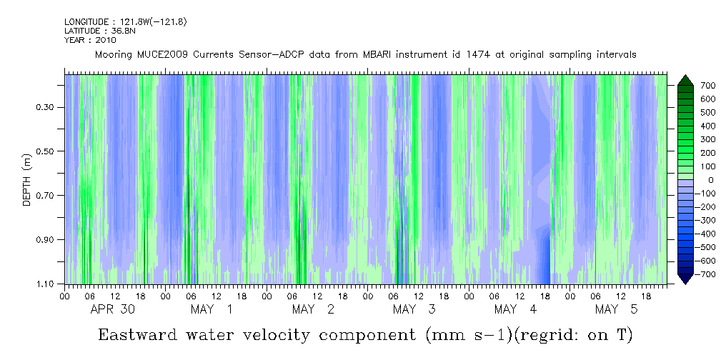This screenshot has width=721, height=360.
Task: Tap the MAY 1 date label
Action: pyautogui.click(x=211, y=309)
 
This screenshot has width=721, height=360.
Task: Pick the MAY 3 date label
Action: pyautogui.click(x=414, y=309)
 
